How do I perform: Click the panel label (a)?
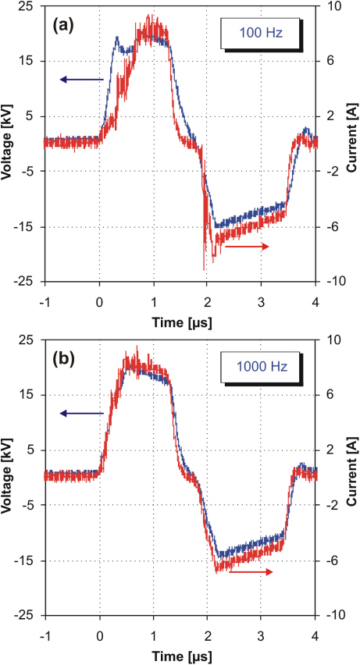(x=64, y=24)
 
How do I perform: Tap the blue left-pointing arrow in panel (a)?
(x=81, y=79)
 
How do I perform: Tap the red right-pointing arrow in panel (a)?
(x=247, y=247)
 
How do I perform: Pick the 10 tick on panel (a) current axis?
(x=331, y=6)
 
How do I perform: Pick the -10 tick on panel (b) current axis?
(x=333, y=615)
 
